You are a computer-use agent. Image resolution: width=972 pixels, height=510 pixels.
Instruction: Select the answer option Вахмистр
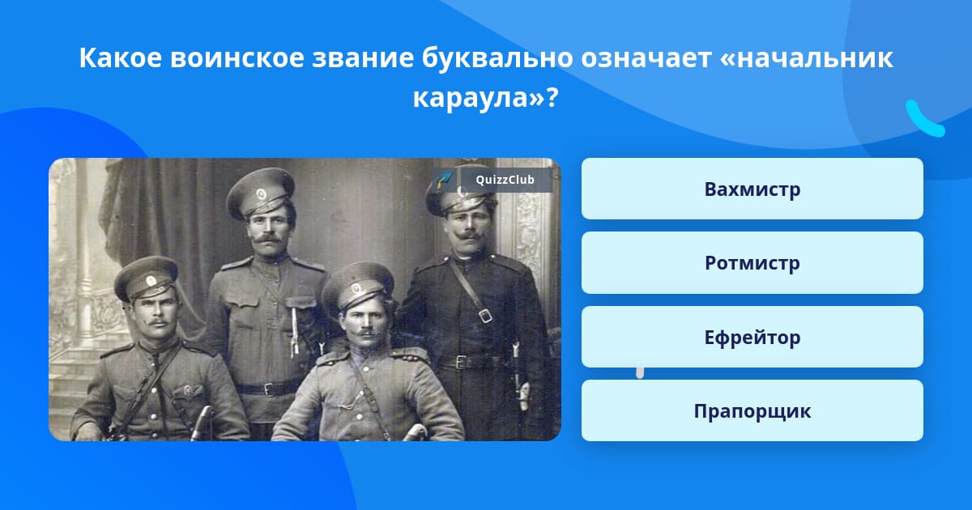[x=752, y=189]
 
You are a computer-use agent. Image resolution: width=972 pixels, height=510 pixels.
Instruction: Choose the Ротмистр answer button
[x=752, y=263]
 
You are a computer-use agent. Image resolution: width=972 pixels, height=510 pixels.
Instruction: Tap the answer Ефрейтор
[x=752, y=337]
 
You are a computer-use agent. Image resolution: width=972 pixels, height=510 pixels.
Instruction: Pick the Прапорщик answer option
[x=752, y=410]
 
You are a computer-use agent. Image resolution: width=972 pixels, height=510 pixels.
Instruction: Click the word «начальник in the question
[x=806, y=57]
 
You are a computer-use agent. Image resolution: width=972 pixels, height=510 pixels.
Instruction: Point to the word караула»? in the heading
[x=485, y=98]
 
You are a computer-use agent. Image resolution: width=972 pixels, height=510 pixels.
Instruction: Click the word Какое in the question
[x=120, y=57]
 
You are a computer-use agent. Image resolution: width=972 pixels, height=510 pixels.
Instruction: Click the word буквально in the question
[x=497, y=58]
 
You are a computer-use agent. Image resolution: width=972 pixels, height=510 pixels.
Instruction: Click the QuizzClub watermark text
[x=505, y=180]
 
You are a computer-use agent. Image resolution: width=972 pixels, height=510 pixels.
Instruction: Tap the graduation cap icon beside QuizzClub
[x=445, y=180]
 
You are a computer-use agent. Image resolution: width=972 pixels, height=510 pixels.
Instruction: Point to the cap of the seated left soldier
[x=146, y=278]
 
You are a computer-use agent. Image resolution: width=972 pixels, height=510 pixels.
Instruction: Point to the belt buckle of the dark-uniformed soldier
[x=463, y=362]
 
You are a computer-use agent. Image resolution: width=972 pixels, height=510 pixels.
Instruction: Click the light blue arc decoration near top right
[x=924, y=119]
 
